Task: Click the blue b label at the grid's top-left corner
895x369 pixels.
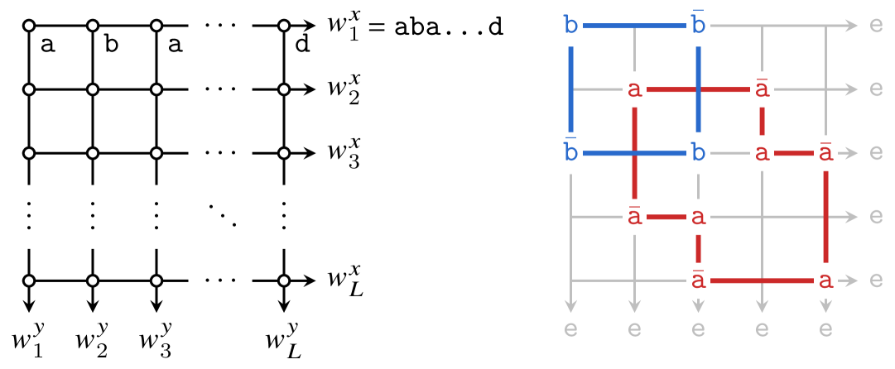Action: coord(570,26)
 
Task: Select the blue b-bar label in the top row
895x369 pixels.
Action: coord(698,26)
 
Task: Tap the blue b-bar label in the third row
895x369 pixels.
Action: coord(570,153)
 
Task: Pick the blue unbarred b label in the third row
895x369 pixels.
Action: coord(698,153)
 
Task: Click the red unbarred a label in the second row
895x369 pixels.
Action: coord(634,89)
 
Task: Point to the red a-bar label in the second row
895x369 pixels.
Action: coord(762,89)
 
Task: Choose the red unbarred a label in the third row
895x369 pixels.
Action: coord(762,153)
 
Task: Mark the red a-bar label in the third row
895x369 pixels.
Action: coord(825,153)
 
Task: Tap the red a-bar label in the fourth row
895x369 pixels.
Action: coord(634,217)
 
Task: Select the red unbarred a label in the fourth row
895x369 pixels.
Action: coord(698,217)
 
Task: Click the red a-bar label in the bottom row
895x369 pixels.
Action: coord(698,280)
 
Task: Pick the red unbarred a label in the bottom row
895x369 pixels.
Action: coord(825,280)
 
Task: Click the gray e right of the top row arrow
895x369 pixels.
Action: coord(876,26)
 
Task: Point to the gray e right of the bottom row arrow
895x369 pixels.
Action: coord(876,280)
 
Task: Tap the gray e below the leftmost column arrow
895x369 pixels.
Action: coord(570,329)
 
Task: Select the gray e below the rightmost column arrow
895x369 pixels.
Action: coord(825,329)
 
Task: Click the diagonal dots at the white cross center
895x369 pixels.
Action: coord(221,216)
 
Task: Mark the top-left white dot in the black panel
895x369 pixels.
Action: coord(29,26)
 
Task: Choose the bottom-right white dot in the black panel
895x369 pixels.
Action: coord(284,280)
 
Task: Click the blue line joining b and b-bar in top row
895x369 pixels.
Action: coord(634,26)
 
